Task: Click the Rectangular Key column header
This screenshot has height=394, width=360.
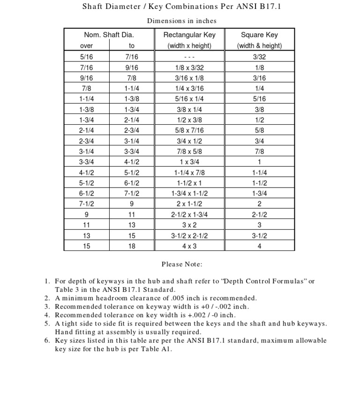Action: pos(189,35)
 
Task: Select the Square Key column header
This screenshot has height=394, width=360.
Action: pos(259,35)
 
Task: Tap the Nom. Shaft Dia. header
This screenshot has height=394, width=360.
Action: pos(109,35)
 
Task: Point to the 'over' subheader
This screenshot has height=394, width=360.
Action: pos(86,45)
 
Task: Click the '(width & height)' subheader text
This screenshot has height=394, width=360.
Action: pos(259,45)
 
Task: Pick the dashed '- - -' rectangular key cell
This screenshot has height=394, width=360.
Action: pos(189,57)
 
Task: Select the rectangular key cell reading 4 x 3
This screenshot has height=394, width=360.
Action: pos(189,245)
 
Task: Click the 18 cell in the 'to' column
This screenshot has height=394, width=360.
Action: pos(132,245)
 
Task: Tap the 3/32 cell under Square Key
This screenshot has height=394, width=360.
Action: pos(259,57)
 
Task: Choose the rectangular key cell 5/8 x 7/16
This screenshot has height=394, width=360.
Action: pos(189,130)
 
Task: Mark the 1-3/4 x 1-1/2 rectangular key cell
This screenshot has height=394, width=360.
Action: pos(189,193)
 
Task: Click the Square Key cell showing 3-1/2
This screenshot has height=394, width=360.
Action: pos(259,235)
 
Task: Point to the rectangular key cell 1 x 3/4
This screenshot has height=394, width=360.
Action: pos(189,162)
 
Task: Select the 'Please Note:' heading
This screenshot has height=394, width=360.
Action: pos(182,265)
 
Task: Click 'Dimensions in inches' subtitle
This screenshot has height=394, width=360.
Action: pos(182,21)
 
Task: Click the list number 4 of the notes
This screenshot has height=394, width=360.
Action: pos(47,315)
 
